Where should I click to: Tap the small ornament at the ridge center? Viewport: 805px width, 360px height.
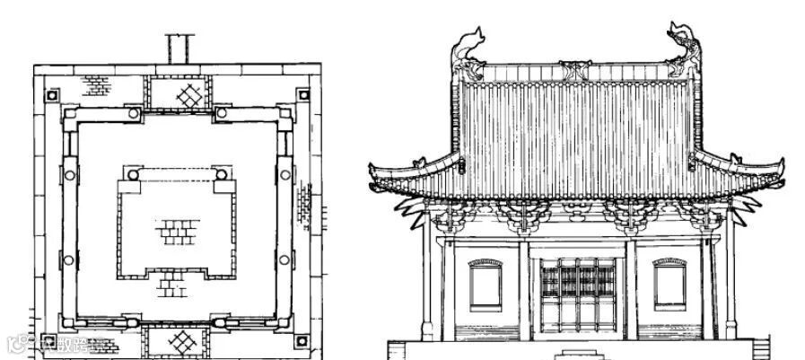pos(577,67)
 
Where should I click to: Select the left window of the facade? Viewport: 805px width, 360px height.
pos(485,285)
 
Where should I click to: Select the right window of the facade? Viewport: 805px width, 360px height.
pos(669,285)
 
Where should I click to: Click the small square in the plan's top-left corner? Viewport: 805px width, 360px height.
pos(52,93)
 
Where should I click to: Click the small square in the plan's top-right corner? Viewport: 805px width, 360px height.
pos(302,93)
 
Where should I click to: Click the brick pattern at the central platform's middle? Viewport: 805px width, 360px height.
pos(177,232)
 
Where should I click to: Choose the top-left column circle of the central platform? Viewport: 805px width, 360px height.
pos(131,173)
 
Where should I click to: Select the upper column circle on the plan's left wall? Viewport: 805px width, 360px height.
pos(69,174)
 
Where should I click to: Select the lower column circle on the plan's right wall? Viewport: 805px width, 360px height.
pos(284,259)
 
